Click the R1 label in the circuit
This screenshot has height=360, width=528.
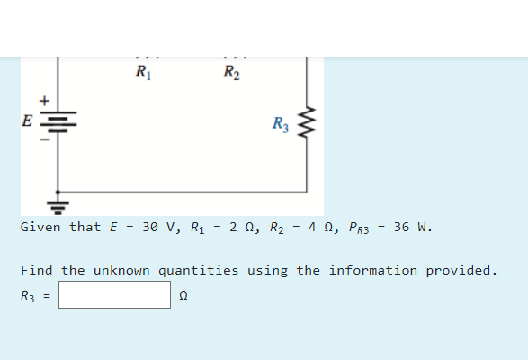pyautogui.click(x=143, y=72)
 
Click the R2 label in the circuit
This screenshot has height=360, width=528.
pyautogui.click(x=232, y=72)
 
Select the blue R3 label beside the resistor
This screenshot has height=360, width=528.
pyautogui.click(x=281, y=124)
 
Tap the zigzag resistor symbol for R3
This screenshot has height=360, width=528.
pyautogui.click(x=307, y=122)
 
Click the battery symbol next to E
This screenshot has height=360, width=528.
pyautogui.click(x=58, y=121)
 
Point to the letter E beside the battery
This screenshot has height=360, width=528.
pyautogui.click(x=27, y=121)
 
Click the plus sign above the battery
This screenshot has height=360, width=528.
pyautogui.click(x=44, y=101)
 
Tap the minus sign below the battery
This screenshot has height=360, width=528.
pyautogui.click(x=45, y=139)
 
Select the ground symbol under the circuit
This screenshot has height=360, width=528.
pyautogui.click(x=58, y=208)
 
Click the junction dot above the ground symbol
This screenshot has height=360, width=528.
pyautogui.click(x=58, y=192)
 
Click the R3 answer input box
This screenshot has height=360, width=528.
pyautogui.click(x=114, y=295)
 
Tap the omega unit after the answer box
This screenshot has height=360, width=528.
pyautogui.click(x=183, y=295)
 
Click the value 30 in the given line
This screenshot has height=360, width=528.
pyautogui.click(x=150, y=227)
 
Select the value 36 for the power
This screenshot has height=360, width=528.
pyautogui.click(x=402, y=227)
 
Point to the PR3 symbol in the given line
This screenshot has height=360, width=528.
pyautogui.click(x=359, y=228)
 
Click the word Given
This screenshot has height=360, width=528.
pyautogui.click(x=40, y=227)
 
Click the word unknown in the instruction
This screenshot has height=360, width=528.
pyautogui.click(x=121, y=270)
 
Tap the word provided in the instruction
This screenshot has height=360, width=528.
pyautogui.click(x=461, y=271)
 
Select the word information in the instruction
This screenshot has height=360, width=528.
pyautogui.click(x=373, y=270)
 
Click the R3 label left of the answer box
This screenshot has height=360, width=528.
pyautogui.click(x=28, y=296)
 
